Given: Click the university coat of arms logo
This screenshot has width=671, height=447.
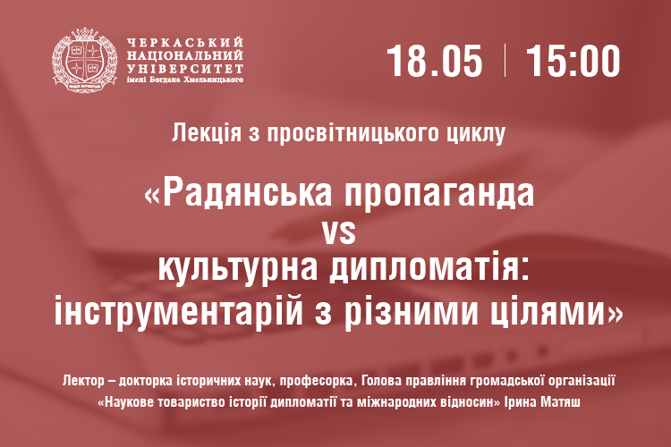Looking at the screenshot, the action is point(84,60).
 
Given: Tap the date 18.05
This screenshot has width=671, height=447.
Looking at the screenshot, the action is point(434,61).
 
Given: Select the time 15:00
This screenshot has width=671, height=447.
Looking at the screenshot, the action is point(573,61).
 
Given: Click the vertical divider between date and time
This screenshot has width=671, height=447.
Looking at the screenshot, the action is point(505,60).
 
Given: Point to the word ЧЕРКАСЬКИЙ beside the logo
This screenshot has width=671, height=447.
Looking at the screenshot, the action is point(185,42).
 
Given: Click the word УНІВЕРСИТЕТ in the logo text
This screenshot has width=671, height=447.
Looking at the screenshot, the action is point(185,68).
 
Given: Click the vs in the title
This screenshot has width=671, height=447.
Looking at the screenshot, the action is point(339,232).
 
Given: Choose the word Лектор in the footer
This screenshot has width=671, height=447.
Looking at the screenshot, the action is point(83,380).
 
